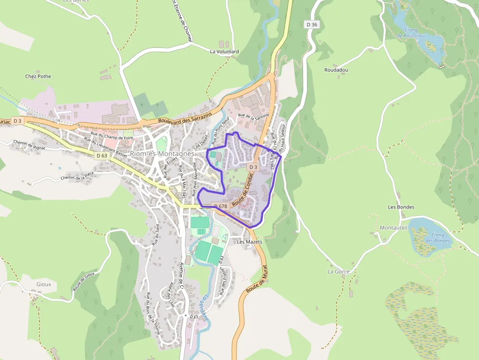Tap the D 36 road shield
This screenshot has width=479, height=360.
point(311,24)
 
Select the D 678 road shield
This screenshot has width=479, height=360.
point(220,206)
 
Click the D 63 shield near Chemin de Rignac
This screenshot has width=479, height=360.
point(102,155)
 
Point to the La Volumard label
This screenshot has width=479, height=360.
point(224,51)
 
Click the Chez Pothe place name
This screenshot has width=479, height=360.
point(38,77)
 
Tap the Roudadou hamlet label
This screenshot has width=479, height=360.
point(336,70)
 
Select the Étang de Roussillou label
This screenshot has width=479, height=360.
point(411,33)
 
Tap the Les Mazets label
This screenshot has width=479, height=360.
point(249,242)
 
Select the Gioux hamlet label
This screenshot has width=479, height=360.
point(44,284)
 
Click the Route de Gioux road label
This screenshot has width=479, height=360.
point(84,281)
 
